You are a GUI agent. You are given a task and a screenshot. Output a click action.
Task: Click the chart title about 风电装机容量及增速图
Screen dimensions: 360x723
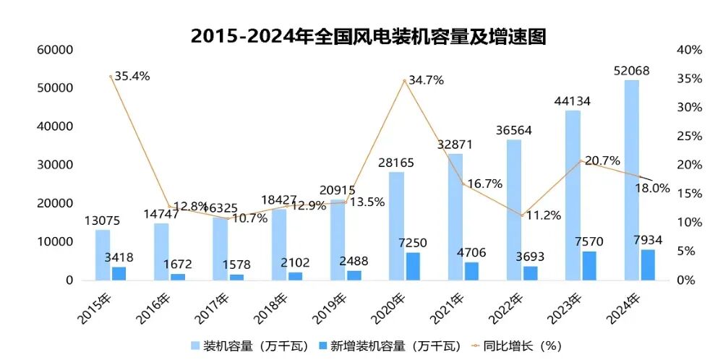(x=368, y=36)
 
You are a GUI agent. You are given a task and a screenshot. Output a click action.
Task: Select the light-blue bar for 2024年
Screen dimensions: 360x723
(x=631, y=180)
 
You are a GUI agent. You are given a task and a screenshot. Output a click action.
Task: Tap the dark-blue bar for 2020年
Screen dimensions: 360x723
(x=412, y=266)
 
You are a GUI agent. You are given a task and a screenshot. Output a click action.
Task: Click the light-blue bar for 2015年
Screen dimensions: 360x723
(x=103, y=254)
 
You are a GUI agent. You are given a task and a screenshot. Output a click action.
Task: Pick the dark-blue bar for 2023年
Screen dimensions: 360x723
(x=589, y=265)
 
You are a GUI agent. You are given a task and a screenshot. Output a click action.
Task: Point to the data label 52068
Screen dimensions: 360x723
(x=632, y=70)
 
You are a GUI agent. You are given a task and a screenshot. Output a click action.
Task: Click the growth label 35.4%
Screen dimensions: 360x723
(x=131, y=75)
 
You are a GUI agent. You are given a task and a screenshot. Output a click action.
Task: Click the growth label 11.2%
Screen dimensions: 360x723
(x=542, y=215)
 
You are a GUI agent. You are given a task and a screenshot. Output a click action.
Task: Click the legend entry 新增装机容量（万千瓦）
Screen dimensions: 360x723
(x=390, y=345)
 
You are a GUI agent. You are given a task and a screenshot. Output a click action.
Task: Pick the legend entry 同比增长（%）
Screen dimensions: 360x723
(x=521, y=345)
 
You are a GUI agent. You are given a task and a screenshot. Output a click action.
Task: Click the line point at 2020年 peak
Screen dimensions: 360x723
(x=405, y=80)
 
